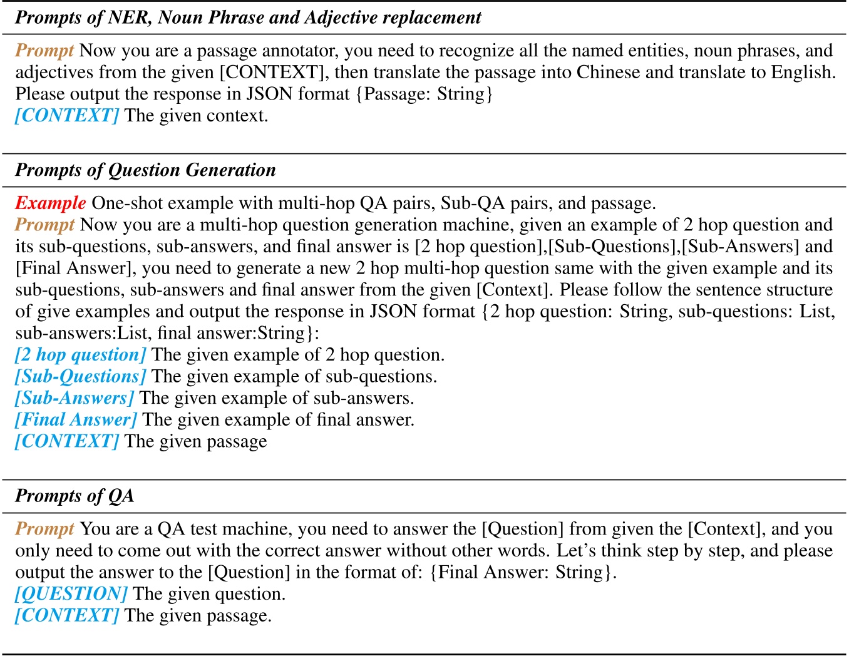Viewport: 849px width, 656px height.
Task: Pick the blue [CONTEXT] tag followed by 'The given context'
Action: tap(67, 116)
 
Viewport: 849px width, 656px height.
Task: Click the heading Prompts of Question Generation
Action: tap(145, 170)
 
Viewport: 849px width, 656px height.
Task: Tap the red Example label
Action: tap(50, 203)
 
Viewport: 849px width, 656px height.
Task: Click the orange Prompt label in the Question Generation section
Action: tap(44, 225)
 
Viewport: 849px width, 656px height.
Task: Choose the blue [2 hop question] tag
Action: tap(80, 355)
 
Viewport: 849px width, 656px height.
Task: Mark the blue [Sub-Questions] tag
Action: tap(80, 377)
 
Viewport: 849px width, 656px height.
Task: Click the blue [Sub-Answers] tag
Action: tap(75, 398)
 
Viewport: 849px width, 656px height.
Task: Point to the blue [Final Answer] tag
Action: tap(76, 420)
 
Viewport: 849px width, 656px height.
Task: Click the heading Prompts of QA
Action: tap(75, 496)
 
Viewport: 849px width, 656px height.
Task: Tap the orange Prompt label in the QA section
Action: tap(44, 529)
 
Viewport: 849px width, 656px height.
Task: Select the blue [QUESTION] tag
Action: tap(71, 594)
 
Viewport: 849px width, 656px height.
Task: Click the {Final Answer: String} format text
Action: tap(523, 573)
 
